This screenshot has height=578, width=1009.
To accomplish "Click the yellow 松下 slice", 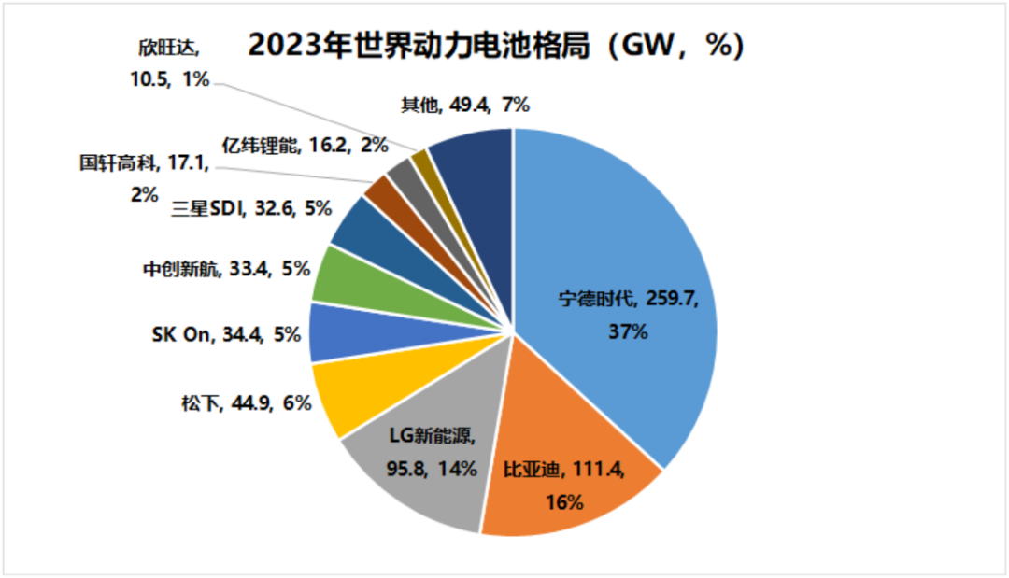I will click(x=346, y=397).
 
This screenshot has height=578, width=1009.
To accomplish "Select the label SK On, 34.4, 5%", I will click(x=225, y=333).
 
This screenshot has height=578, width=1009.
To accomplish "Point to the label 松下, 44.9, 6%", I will click(x=245, y=404).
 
